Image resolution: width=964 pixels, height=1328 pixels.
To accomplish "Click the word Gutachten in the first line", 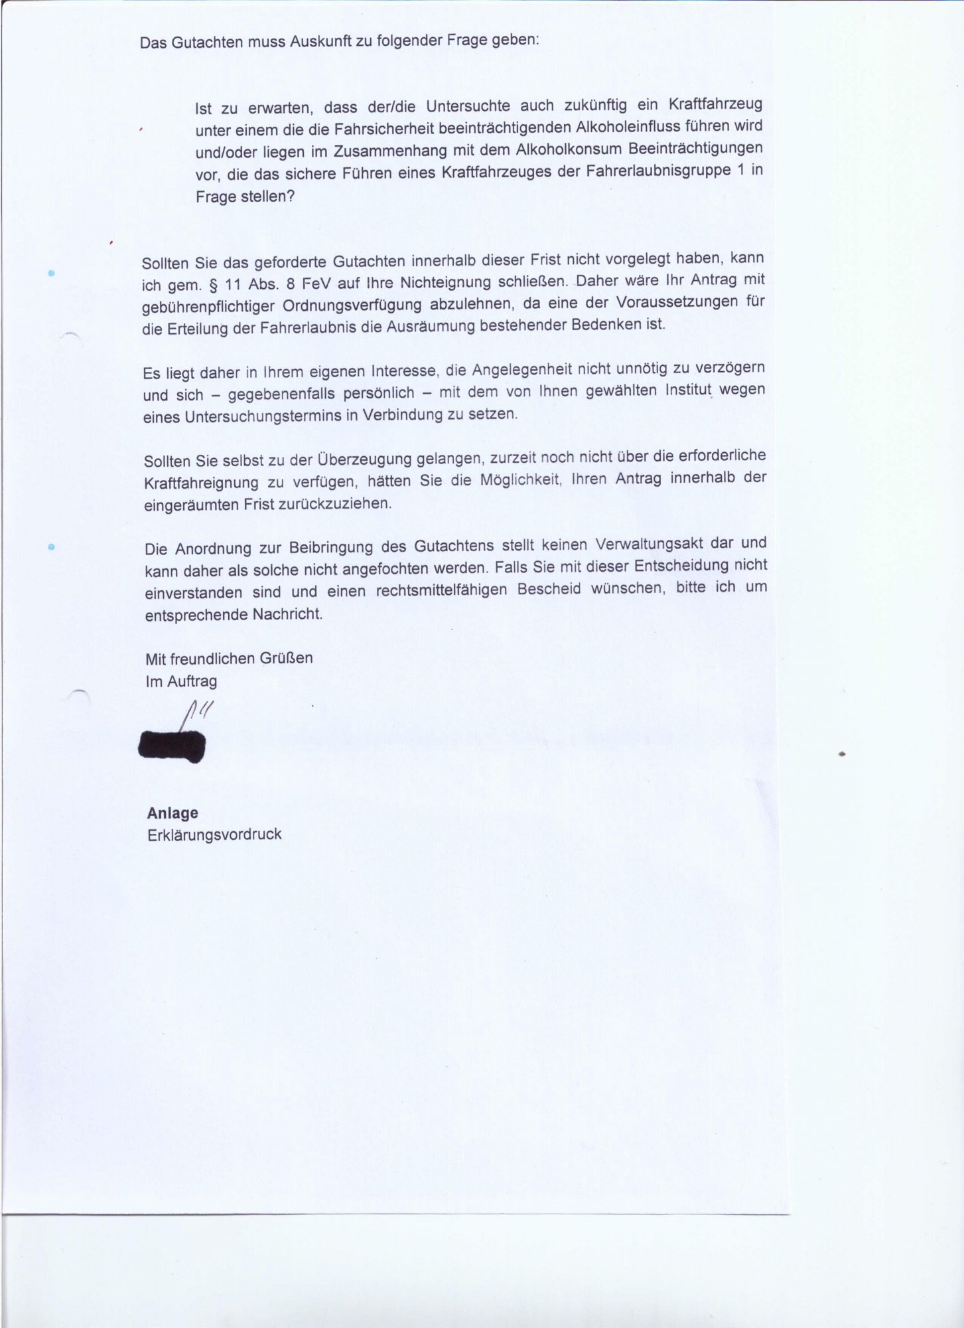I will pos(205,43).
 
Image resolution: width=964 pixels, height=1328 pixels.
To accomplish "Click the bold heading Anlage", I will pos(172,813).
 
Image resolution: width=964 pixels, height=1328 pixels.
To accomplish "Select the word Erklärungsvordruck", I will pos(214,835).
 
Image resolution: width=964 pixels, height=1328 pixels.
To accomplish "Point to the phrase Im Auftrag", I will pos(181,681).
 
